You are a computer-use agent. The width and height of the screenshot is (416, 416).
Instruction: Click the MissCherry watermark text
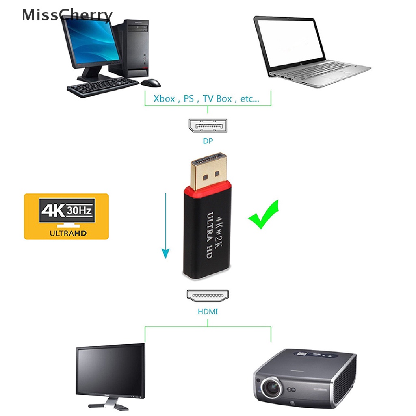(67, 15)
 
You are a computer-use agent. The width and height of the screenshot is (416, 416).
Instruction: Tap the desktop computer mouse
(151, 83)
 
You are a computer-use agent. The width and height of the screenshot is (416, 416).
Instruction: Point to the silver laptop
(309, 53)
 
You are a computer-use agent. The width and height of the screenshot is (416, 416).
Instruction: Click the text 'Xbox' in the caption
(164, 99)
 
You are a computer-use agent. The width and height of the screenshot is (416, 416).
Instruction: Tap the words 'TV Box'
(218, 99)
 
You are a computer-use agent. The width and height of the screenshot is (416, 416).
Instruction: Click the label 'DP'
(208, 141)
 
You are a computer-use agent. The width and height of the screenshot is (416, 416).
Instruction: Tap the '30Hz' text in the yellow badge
(81, 211)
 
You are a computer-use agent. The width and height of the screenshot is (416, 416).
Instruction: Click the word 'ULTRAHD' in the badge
(68, 233)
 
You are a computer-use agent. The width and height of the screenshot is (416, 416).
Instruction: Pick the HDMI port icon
(208, 295)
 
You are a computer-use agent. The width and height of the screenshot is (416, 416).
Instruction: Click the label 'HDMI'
(208, 312)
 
